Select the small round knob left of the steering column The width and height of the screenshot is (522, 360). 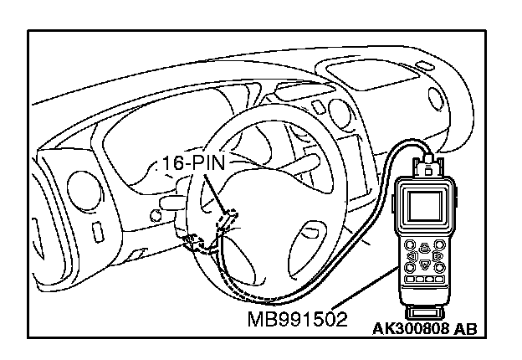click(x=155, y=216)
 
